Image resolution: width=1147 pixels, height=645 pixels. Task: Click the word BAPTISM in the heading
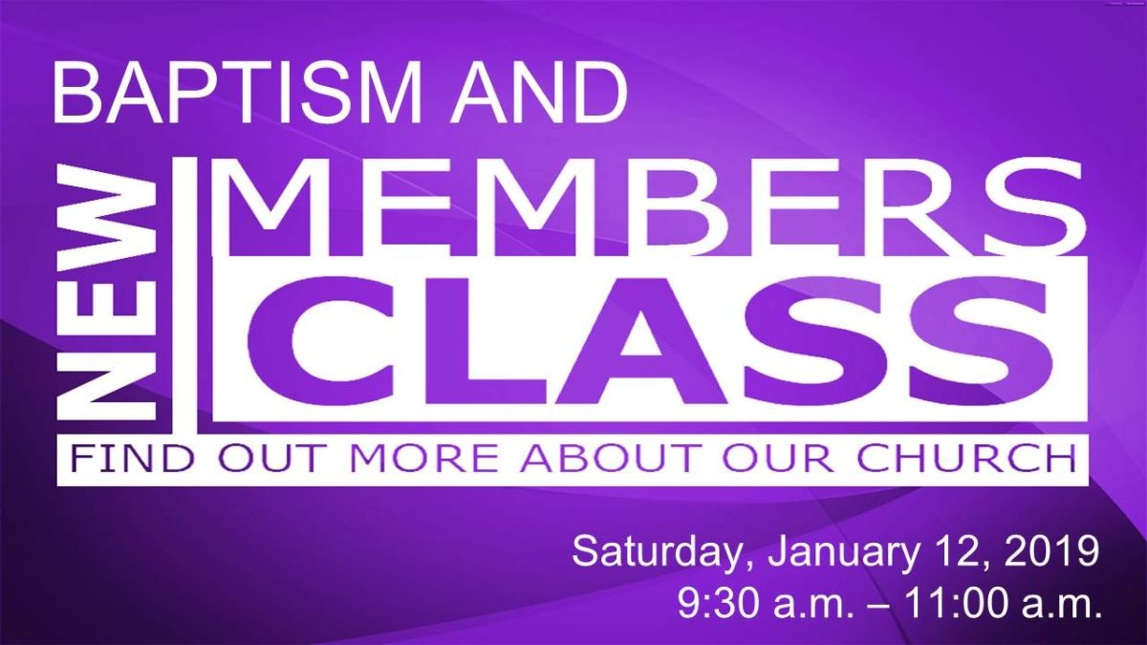pos(236,92)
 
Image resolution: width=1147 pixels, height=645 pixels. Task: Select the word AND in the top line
pos(539,92)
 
